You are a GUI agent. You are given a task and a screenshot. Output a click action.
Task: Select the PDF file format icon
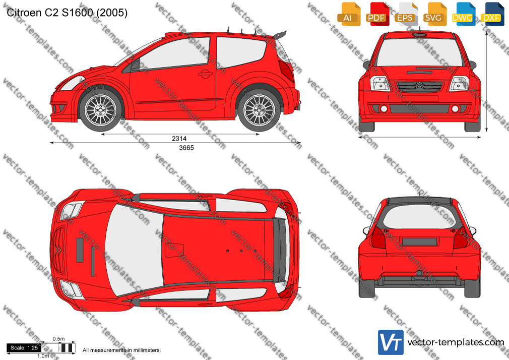point(377,14)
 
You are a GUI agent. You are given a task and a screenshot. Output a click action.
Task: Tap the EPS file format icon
point(406,14)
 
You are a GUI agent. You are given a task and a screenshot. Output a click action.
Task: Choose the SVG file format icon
point(434,14)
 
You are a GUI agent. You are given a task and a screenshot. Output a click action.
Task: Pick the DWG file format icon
point(464,14)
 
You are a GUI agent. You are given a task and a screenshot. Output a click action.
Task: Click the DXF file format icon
point(492,14)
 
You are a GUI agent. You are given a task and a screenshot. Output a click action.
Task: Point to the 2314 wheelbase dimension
point(179,139)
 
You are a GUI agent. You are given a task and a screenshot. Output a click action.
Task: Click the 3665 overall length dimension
point(186,148)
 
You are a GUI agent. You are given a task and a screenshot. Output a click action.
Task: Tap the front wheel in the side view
point(101,110)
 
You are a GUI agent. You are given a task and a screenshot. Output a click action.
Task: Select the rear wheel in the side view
point(259,110)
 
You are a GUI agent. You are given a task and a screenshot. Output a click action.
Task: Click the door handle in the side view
point(206,74)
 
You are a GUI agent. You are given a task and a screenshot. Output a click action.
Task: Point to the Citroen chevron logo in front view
point(419,86)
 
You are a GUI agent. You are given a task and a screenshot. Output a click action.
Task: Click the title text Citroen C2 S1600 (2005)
point(67,13)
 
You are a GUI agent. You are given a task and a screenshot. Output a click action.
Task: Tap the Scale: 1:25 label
point(24,348)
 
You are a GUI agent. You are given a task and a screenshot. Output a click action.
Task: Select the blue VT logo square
point(391,342)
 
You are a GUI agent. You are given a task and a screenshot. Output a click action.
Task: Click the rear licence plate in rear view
point(419,242)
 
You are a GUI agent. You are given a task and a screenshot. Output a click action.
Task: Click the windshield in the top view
point(134,250)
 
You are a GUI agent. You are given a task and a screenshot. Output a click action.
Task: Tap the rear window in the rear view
point(419,217)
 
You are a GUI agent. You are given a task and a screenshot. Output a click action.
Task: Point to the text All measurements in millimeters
point(122,350)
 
